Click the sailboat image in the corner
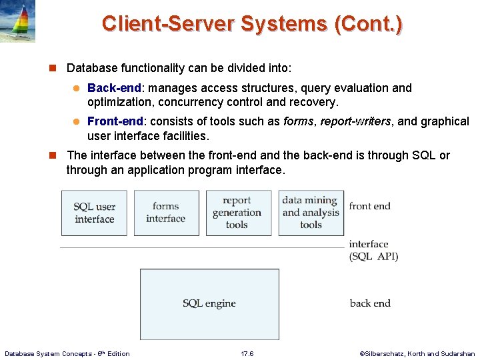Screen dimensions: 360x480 17,21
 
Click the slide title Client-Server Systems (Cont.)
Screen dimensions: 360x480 252,24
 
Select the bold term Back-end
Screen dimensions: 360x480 114,88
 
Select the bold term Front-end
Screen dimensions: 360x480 115,121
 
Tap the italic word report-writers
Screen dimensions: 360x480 355,121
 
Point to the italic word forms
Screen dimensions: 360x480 299,121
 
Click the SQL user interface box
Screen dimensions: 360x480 94,213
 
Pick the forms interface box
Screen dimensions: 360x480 166,213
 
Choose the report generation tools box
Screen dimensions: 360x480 238,213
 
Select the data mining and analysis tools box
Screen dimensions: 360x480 311,213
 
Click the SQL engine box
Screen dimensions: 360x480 209,303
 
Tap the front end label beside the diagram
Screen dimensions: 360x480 369,206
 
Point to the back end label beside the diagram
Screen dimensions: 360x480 370,303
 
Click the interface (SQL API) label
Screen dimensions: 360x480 373,251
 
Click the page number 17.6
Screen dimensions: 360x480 247,353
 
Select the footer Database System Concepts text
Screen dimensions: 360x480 67,353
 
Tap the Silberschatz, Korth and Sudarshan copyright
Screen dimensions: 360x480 417,353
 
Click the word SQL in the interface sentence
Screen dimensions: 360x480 423,155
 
